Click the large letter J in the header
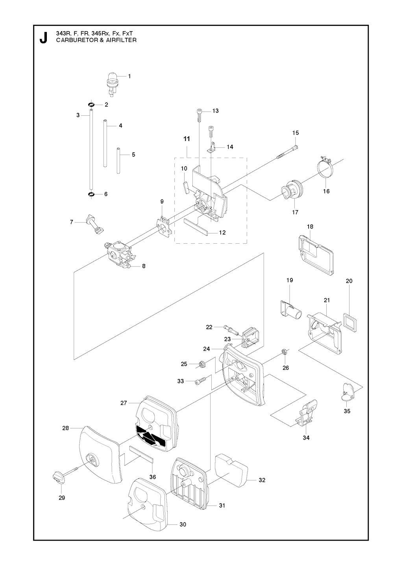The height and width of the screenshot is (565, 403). pyautogui.click(x=43, y=38)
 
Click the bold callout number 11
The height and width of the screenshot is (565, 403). pyautogui.click(x=187, y=139)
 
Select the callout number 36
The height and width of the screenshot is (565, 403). pyautogui.click(x=153, y=477)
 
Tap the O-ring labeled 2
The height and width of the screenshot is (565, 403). pyautogui.click(x=91, y=105)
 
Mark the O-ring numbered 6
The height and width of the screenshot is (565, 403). pyautogui.click(x=91, y=195)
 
